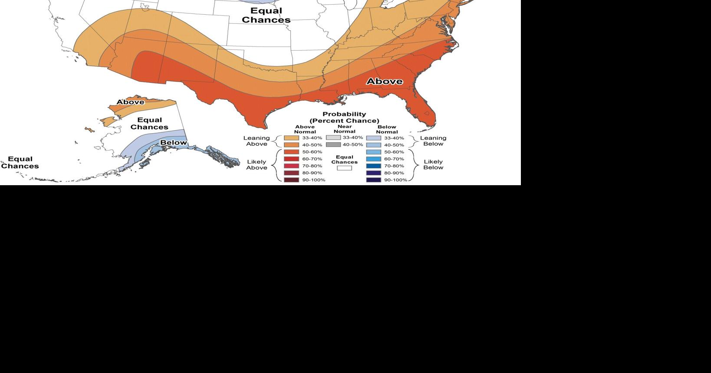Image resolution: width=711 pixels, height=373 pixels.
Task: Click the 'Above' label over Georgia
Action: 385,81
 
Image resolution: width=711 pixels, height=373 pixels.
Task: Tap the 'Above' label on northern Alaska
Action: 130,102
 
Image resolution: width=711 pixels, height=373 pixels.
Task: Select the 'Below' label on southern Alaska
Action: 174,143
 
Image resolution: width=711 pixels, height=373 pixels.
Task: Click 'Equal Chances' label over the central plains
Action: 266,15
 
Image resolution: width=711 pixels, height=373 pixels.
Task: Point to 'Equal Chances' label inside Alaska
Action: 149,124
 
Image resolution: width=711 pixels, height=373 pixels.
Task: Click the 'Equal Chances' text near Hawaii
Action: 20,163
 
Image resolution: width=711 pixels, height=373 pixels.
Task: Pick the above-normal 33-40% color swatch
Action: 291,138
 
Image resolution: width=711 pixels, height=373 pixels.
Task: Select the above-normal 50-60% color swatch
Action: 291,152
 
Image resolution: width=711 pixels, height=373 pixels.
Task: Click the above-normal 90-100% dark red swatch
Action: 291,180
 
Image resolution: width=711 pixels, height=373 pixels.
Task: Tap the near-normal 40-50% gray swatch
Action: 333,144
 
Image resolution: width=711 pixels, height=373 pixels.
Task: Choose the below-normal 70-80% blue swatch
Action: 373,166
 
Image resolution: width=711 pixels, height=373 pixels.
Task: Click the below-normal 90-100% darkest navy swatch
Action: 373,180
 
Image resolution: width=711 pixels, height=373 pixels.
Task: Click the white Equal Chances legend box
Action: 344,168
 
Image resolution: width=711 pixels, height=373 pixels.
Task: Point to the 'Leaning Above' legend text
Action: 257,141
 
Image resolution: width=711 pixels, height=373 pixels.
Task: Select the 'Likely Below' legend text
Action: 433,164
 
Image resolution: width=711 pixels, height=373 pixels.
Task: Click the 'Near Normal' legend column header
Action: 345,129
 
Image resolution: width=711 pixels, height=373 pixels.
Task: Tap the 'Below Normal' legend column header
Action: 387,129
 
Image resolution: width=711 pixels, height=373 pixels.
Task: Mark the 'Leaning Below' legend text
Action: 433,141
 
